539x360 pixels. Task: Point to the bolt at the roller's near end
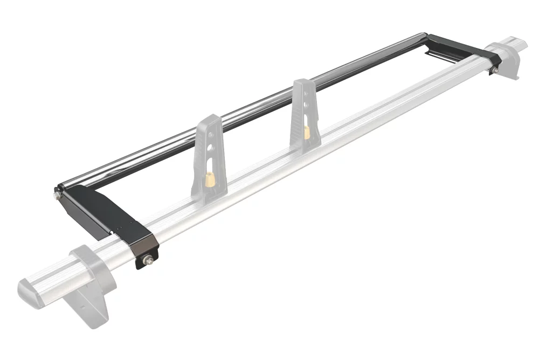pyautogui.click(x=57, y=195)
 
